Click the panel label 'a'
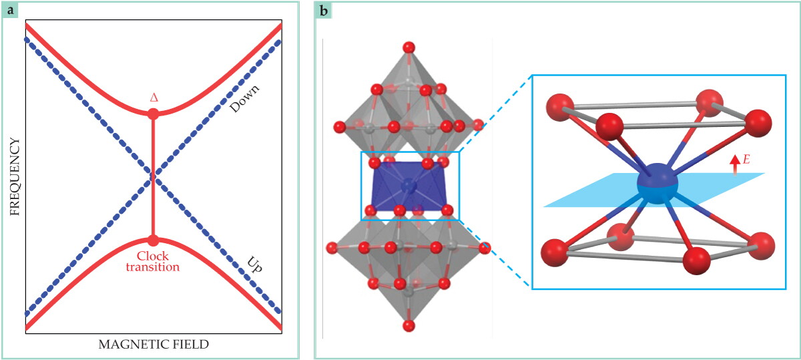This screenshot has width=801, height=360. click(x=10, y=11)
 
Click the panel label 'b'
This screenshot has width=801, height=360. click(x=323, y=11)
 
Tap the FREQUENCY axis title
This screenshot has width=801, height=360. click(x=15, y=177)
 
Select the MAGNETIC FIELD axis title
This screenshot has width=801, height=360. click(x=154, y=344)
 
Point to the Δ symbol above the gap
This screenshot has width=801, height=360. click(x=154, y=98)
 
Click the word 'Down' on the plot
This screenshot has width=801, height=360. click(x=244, y=99)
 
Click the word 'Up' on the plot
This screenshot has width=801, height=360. click(x=254, y=264)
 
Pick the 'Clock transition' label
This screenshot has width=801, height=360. click(x=153, y=262)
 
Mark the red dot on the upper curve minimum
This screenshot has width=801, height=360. click(x=153, y=114)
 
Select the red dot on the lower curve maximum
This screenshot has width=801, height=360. click(x=153, y=240)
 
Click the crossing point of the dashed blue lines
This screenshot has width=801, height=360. click(x=153, y=177)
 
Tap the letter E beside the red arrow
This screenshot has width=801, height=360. click(x=746, y=159)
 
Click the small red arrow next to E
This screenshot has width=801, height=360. click(x=735, y=166)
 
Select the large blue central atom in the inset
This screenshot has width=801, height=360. click(x=657, y=184)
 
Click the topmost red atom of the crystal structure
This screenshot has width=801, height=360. click(x=409, y=47)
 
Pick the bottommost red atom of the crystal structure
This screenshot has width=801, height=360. click(x=409, y=326)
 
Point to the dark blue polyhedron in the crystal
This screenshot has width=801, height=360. click(x=409, y=186)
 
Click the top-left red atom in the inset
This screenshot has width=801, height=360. click(x=560, y=108)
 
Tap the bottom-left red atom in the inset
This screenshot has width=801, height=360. click(x=555, y=253)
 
